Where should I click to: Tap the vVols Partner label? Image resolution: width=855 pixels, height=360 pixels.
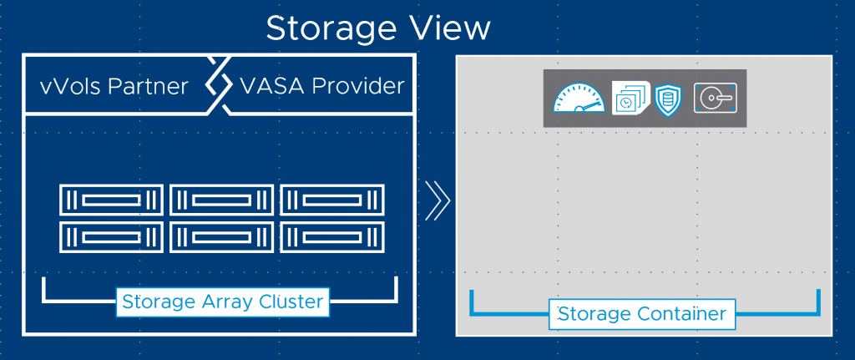coord(114,85)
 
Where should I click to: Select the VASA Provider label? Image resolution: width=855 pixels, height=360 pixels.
coord(321,85)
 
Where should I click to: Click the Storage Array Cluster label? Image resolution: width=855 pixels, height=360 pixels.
coord(222,302)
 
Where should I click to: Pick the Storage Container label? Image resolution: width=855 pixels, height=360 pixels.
coord(641,314)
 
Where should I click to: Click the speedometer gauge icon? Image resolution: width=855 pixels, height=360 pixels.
coord(579,99)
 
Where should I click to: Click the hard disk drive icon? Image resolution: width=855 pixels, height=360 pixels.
coord(715,99)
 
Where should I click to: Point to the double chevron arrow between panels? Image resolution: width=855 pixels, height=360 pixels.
coord(437,200)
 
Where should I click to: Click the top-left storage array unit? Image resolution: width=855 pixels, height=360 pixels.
coord(110,200)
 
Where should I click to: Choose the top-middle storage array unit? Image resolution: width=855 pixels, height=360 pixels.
coord(221,200)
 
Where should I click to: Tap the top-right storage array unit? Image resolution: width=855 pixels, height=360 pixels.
coord(331,200)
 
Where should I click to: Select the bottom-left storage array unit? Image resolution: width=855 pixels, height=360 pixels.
coord(110,236)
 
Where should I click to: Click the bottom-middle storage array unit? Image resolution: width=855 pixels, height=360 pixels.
coord(221,236)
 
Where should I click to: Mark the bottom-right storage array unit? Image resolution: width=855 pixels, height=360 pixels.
coord(331,236)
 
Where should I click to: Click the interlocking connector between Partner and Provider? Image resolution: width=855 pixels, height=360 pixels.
coord(217,85)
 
